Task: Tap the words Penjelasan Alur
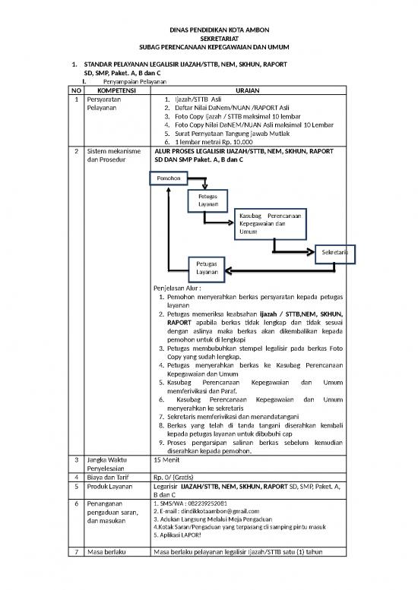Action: (179, 289)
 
